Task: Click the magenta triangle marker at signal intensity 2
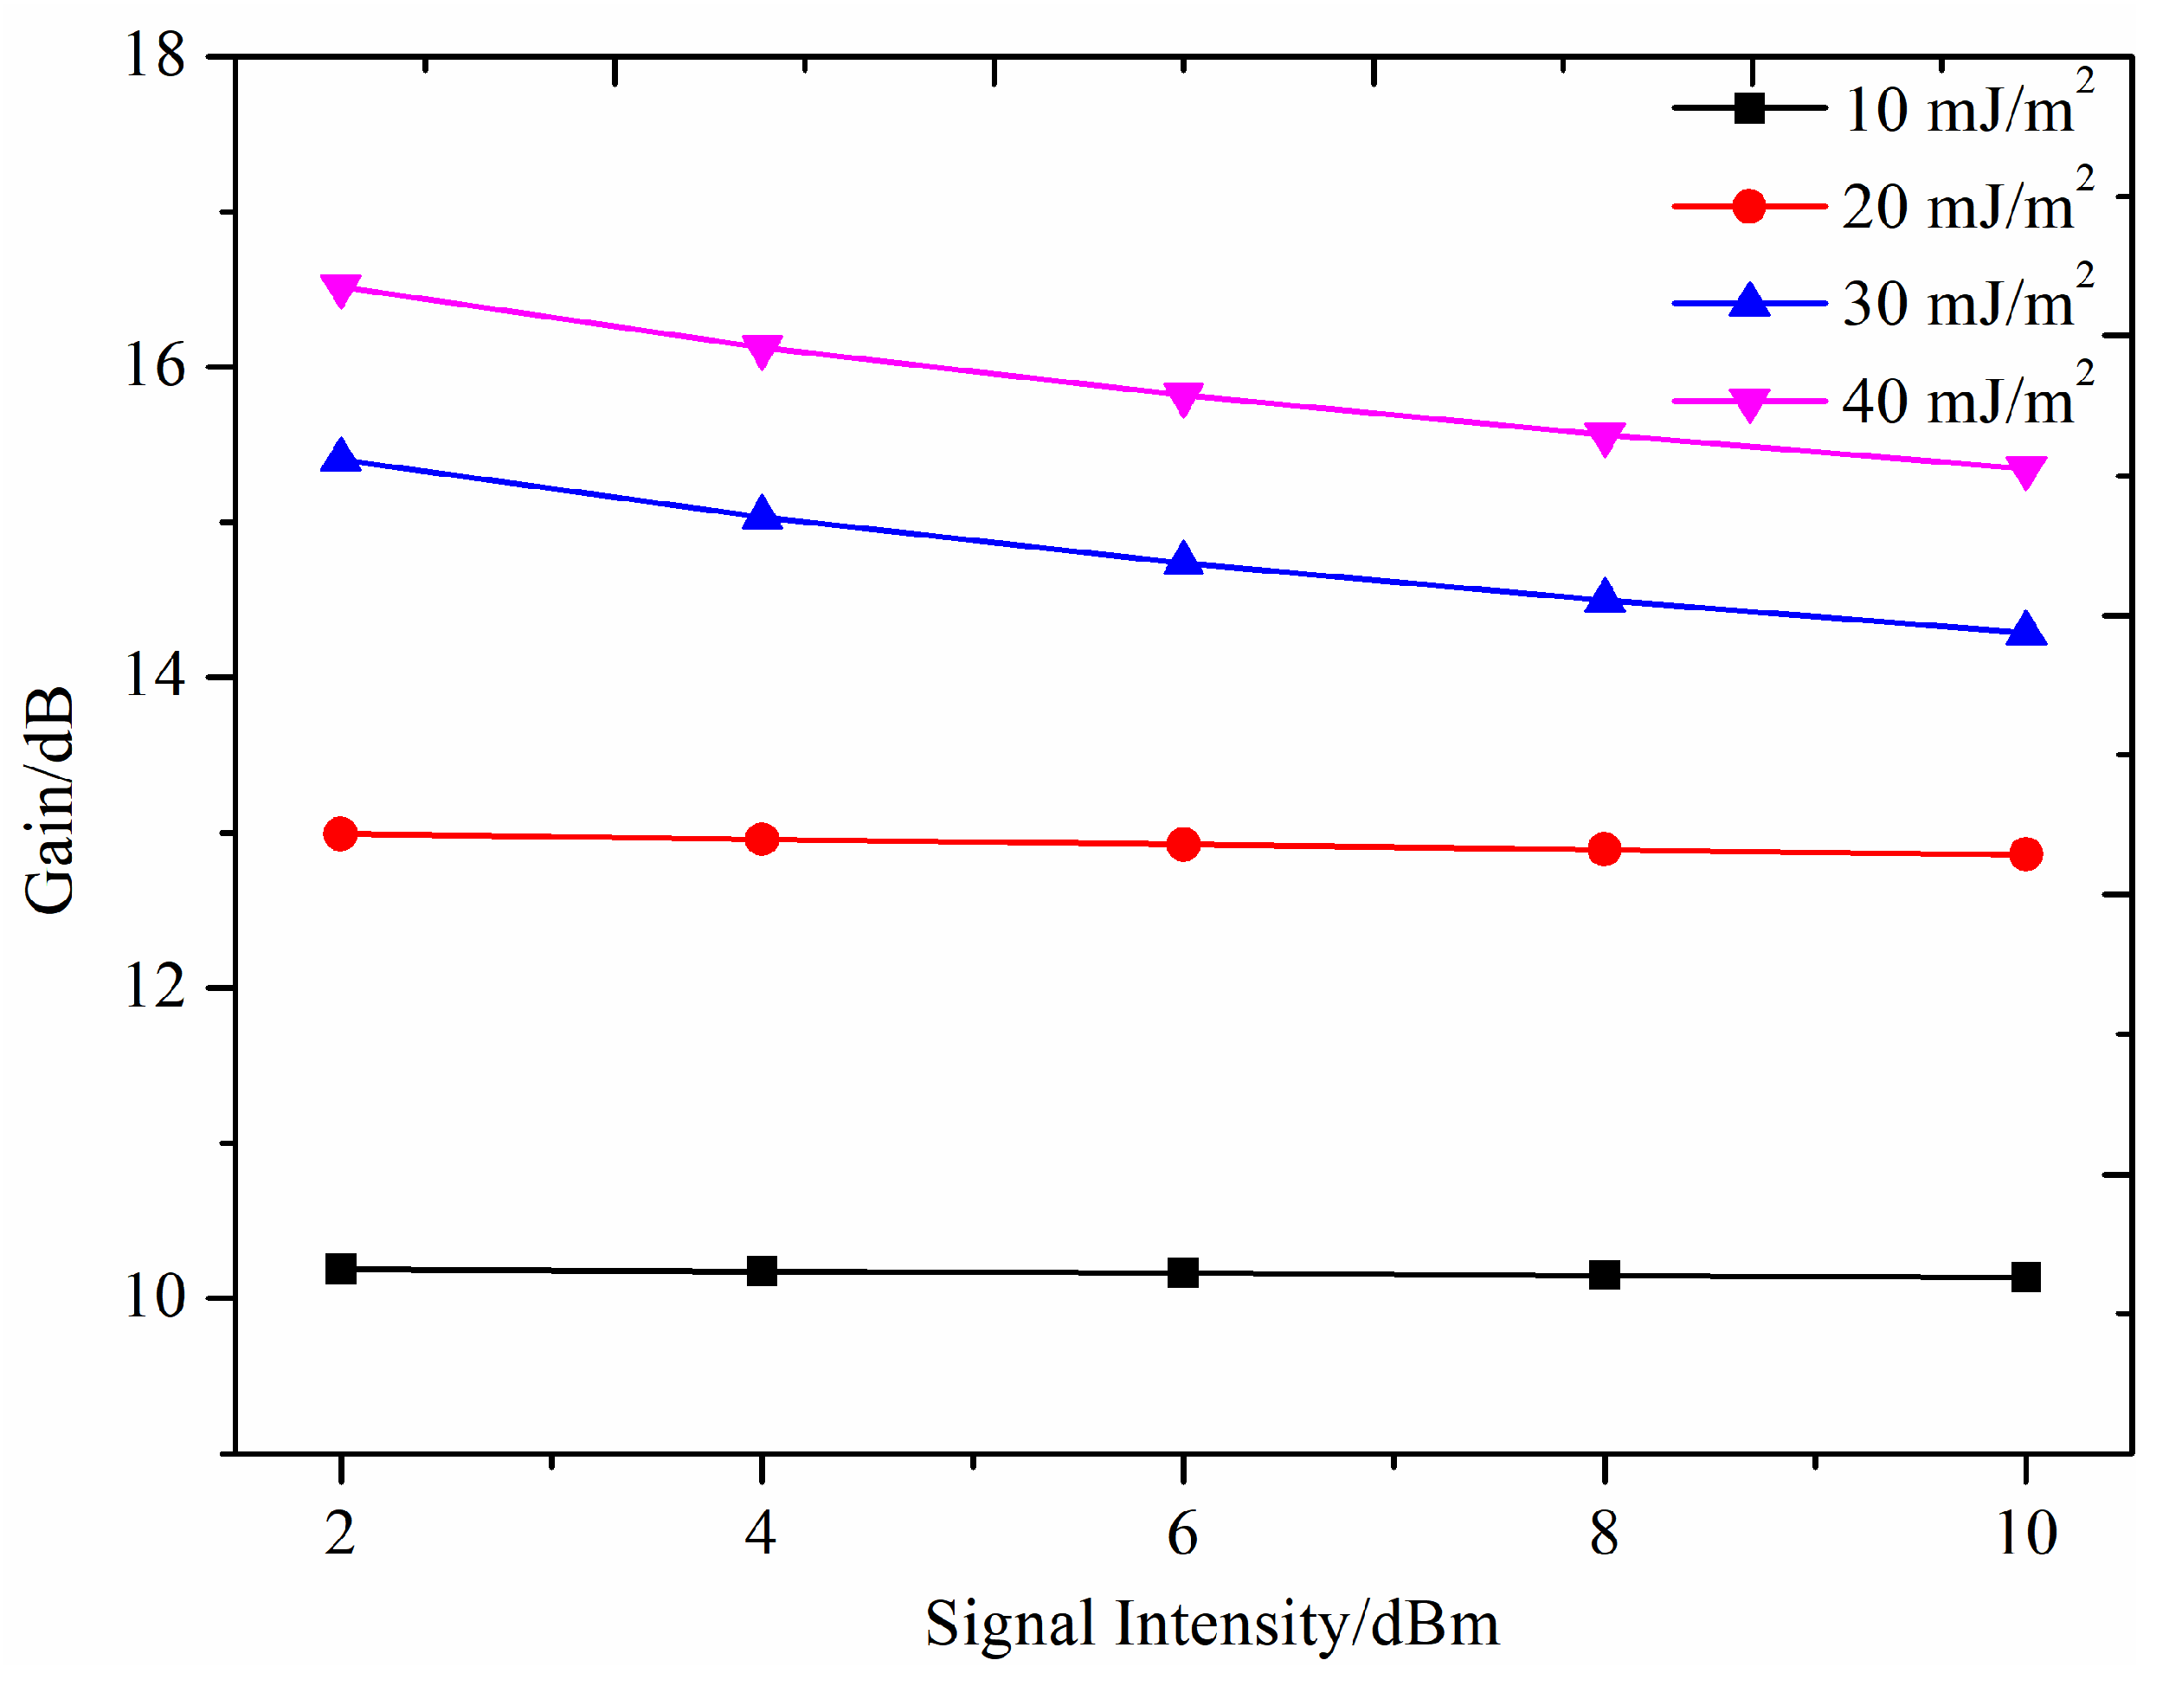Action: click(341, 290)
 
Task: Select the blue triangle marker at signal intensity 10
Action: click(2026, 629)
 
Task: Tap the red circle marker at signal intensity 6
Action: click(1183, 844)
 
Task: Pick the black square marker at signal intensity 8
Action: click(1604, 1274)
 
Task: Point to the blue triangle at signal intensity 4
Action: click(762, 513)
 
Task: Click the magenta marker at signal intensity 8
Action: click(1604, 437)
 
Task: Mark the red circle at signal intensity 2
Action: click(341, 834)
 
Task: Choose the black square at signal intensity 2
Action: click(341, 1268)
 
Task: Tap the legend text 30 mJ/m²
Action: click(1966, 302)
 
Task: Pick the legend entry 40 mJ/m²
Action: click(1966, 399)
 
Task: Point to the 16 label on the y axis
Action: click(155, 365)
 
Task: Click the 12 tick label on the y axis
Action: click(155, 987)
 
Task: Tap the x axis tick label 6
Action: click(1183, 1534)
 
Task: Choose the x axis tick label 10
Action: click(2026, 1534)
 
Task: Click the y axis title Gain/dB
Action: click(49, 801)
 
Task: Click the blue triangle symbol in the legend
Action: click(1749, 299)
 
